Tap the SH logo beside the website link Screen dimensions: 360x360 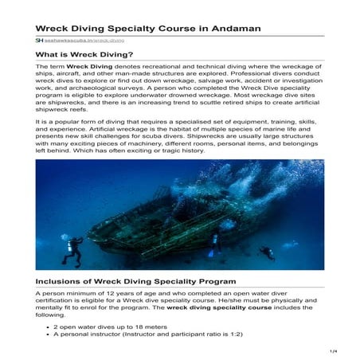pyautogui.click(x=39, y=40)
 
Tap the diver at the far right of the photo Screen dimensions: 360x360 pyautogui.click(x=268, y=252)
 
